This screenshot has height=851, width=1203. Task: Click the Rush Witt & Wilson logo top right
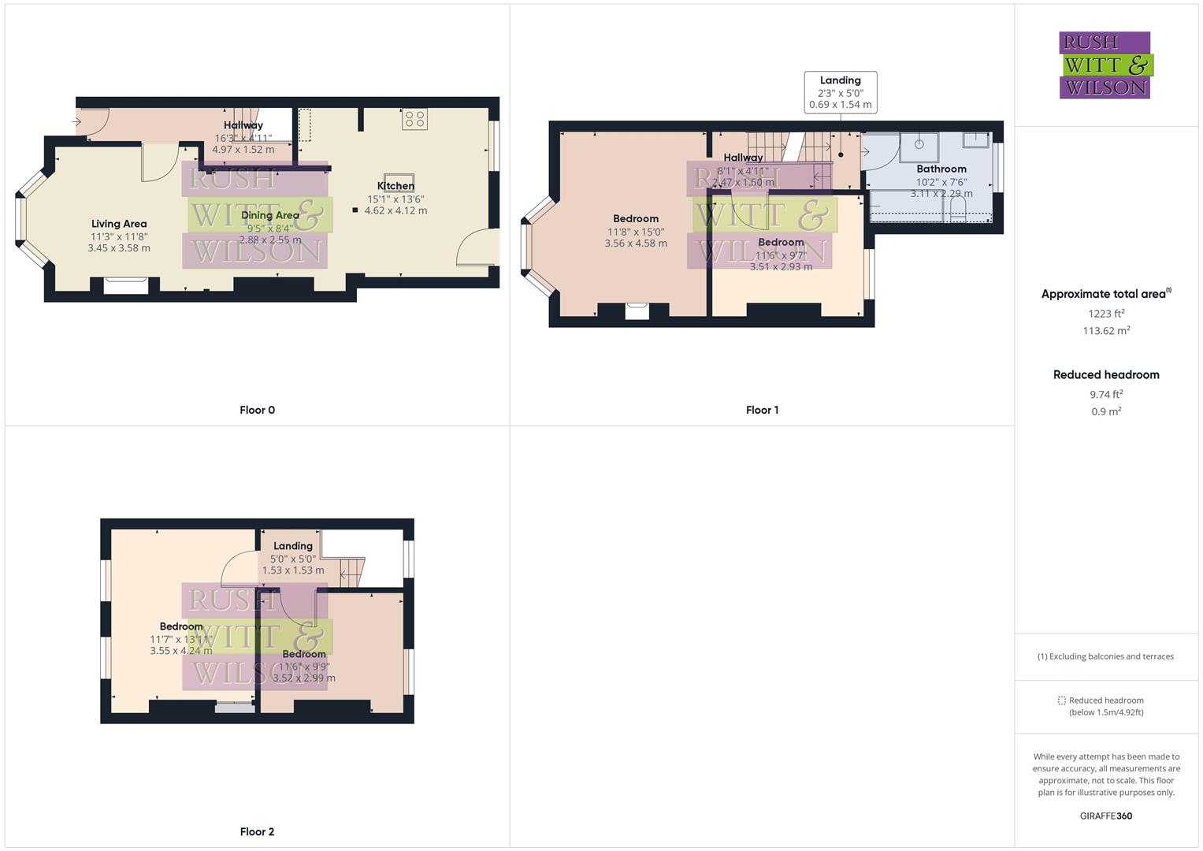click(1105, 65)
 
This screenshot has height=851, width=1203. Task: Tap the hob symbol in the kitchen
click(414, 120)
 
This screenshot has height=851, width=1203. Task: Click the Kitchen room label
click(395, 187)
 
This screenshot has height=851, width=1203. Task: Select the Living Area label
click(119, 224)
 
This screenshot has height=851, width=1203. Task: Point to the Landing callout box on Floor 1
click(840, 92)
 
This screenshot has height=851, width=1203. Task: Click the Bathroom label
click(941, 169)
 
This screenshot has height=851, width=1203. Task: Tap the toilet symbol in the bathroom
click(958, 209)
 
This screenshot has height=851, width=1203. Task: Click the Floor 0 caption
click(257, 410)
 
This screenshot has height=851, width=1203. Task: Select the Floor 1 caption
click(762, 410)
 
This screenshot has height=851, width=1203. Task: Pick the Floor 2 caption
click(257, 831)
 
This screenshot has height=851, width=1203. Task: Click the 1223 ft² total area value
click(1106, 314)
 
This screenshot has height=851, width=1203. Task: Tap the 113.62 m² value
click(1106, 331)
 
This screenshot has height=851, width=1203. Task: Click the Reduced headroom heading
click(1106, 375)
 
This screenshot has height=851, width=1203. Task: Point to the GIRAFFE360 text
click(1106, 816)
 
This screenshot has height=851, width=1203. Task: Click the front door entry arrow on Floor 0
click(77, 121)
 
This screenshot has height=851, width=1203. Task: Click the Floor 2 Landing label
click(293, 546)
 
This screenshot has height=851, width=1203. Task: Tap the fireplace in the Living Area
click(126, 285)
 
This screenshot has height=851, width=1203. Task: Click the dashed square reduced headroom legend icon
click(1061, 700)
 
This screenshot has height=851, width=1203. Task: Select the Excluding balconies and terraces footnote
click(1106, 656)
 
